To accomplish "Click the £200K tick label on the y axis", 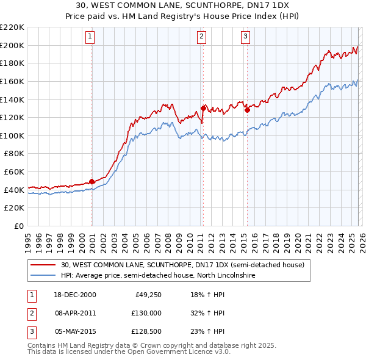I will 12,45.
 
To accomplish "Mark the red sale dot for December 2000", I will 92,181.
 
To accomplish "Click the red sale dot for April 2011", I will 203,108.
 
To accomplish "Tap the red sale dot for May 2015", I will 247,110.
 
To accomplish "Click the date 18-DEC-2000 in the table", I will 76,295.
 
